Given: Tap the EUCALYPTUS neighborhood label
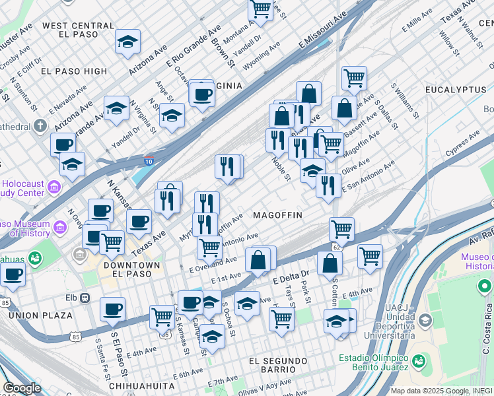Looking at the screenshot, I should [x=456, y=89].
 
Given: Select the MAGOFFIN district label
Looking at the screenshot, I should [x=277, y=216].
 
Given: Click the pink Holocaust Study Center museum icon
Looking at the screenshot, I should [x=53, y=191].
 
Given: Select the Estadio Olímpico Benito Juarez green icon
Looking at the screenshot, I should [x=418, y=361].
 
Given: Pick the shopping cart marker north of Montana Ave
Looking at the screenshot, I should [x=260, y=9].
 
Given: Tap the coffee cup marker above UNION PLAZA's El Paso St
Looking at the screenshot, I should [x=112, y=309].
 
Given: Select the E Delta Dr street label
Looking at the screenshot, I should [x=291, y=277].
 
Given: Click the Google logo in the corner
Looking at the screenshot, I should [x=22, y=388].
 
